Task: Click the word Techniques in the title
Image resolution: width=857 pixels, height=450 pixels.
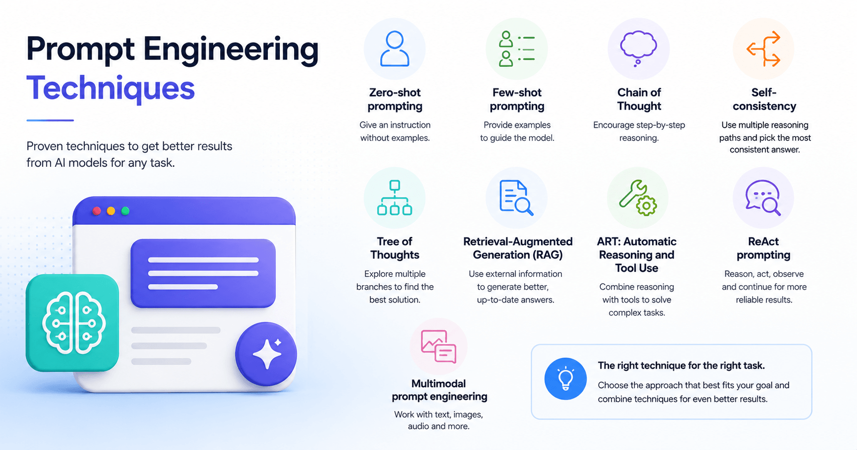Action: (x=110, y=88)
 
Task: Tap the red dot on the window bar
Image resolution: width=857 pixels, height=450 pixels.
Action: (x=97, y=211)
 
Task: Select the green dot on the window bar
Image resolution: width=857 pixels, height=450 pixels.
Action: (x=126, y=211)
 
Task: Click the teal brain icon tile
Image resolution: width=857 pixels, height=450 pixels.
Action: (x=73, y=323)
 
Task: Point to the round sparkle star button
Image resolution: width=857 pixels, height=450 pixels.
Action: (x=266, y=354)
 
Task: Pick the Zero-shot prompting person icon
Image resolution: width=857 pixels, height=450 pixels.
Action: (x=395, y=49)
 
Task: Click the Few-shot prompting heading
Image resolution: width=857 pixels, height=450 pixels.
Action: (x=517, y=99)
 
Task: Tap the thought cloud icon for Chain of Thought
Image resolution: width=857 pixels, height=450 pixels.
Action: (x=639, y=48)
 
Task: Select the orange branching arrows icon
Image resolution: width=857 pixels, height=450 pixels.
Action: (x=764, y=49)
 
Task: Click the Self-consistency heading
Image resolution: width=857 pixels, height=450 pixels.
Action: (x=764, y=99)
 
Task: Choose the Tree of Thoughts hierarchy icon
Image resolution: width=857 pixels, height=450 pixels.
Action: (x=395, y=198)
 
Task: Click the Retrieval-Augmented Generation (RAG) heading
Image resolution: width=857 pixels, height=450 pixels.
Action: (x=518, y=248)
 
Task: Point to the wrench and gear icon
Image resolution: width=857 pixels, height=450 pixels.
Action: (x=638, y=198)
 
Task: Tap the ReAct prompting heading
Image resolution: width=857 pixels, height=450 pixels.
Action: (x=763, y=248)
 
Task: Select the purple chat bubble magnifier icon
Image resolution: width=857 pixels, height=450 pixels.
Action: (x=763, y=198)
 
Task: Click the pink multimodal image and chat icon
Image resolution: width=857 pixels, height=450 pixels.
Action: (x=439, y=347)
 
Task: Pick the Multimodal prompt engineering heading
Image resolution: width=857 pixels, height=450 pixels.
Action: (x=440, y=390)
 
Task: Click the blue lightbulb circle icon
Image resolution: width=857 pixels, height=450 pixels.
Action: (x=565, y=379)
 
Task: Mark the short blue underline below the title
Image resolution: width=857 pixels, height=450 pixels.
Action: (x=50, y=120)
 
